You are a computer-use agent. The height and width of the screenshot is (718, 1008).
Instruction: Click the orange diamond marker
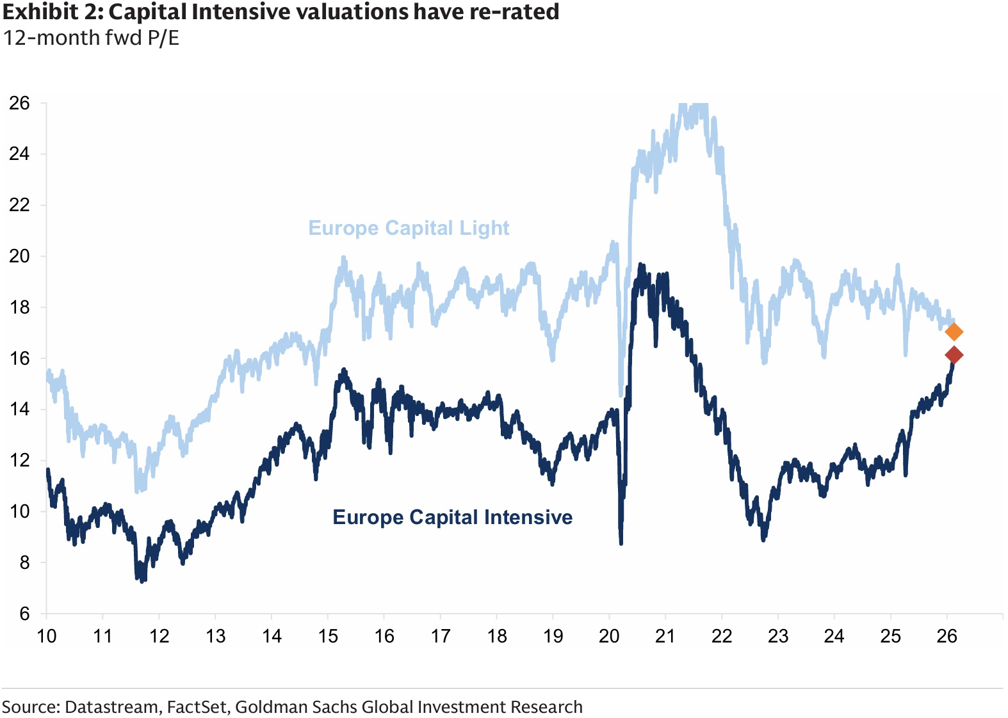[x=954, y=332]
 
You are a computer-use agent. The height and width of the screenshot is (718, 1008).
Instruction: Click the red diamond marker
[x=954, y=355]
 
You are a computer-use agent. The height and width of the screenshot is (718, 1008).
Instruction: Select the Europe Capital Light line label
[x=409, y=228]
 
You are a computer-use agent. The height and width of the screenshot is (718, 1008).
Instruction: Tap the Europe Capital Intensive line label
[x=452, y=518]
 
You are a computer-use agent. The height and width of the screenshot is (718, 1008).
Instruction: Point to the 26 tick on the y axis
[x=19, y=103]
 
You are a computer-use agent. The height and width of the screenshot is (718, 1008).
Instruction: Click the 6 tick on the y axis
[x=25, y=614]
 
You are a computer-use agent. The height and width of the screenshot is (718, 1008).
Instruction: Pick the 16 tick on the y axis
[x=19, y=358]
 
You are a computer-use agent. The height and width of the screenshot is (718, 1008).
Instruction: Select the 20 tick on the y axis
[x=19, y=256]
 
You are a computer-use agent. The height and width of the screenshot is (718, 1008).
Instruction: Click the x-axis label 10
[x=46, y=636]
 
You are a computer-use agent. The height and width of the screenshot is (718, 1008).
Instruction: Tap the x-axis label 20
[x=609, y=636]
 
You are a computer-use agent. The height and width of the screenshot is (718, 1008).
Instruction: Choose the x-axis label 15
[x=328, y=636]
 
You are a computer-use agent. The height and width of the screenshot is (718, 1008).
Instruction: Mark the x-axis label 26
[x=947, y=636]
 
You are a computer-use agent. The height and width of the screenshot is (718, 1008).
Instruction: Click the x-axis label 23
[x=778, y=636]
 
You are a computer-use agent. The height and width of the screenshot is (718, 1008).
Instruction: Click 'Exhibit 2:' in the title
[x=53, y=12]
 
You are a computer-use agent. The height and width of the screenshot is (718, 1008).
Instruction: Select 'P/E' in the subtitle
[x=163, y=38]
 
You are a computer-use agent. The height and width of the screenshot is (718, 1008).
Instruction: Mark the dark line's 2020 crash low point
[x=621, y=543]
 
